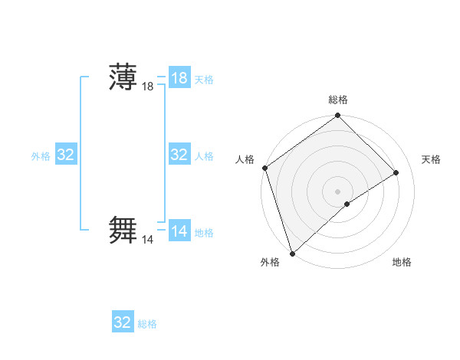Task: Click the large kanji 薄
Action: point(123,78)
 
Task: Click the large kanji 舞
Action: point(123,231)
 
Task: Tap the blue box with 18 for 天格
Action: point(179,78)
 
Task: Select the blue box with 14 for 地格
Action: point(179,231)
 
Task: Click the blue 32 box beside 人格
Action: point(179,155)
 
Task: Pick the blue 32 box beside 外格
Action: point(66,155)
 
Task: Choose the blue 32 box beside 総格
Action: point(123,322)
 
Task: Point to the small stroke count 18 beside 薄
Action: point(148,87)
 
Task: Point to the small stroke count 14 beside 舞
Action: point(148,240)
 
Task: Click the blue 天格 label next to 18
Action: point(204,80)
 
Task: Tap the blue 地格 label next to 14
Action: point(204,233)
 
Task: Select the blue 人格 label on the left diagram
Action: point(204,156)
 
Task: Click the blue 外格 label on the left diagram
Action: point(41,156)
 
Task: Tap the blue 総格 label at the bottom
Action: point(147,324)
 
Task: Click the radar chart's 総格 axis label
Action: point(338,100)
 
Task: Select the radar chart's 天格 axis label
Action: point(432,159)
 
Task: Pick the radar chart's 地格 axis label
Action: point(402,262)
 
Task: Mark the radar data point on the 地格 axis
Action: point(347,204)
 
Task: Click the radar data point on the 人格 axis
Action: point(264,169)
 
